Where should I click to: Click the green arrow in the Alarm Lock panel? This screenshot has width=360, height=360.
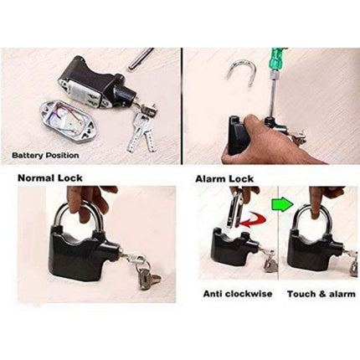[x=282, y=204]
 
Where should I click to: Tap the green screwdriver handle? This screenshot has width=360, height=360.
[x=279, y=60]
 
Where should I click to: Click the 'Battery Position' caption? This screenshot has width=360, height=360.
[x=45, y=155]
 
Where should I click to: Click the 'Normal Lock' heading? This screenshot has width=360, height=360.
[x=50, y=177]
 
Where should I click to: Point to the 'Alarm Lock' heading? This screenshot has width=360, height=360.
[x=224, y=178]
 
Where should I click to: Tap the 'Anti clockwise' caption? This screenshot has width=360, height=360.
[x=238, y=294]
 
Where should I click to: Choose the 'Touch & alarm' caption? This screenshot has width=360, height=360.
[x=321, y=294]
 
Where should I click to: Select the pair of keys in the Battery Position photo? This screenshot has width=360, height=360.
[x=141, y=131]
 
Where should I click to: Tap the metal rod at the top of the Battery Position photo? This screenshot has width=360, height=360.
[x=141, y=59]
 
